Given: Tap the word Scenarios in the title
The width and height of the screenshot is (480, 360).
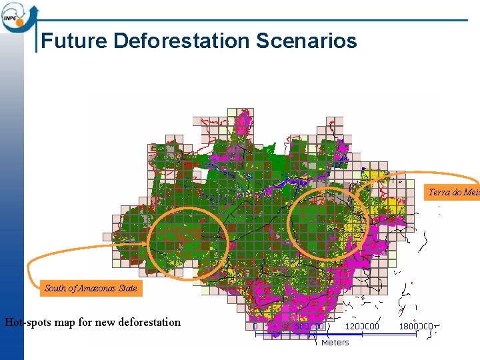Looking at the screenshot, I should (x=307, y=41).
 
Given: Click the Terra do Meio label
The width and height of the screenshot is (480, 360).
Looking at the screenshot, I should (x=453, y=193).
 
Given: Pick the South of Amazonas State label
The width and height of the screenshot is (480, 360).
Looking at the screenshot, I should (x=91, y=289).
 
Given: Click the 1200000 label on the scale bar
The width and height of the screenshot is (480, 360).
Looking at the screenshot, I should (x=362, y=327).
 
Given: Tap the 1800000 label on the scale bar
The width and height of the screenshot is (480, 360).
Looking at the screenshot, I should (x=416, y=327).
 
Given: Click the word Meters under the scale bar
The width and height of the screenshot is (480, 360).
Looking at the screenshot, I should (x=335, y=342).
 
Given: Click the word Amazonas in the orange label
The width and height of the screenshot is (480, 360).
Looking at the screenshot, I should (x=98, y=289).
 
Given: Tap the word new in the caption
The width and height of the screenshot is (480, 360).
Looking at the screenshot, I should (x=105, y=323).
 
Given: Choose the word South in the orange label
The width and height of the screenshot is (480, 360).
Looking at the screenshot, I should (x=55, y=289).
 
